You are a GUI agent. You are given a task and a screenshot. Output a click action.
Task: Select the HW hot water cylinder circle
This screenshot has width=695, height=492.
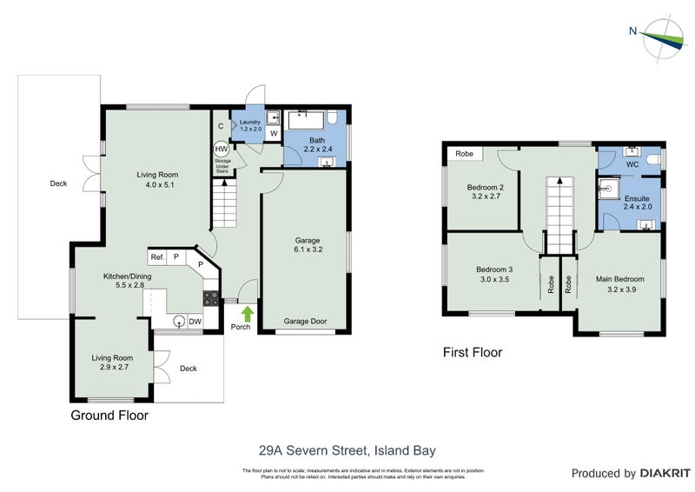(x=222, y=149)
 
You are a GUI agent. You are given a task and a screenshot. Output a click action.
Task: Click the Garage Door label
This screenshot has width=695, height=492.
(x=306, y=321)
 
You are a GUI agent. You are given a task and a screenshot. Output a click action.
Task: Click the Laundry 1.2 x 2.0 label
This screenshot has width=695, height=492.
(x=250, y=125)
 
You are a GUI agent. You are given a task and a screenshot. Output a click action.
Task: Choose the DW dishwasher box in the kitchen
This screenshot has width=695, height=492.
(x=195, y=321)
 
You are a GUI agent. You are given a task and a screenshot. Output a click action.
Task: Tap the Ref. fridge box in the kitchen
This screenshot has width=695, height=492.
(x=157, y=257)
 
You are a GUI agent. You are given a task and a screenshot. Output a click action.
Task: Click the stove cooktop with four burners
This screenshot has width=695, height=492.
(x=211, y=298)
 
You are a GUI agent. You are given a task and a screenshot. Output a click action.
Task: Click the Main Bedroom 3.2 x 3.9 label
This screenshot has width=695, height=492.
(x=619, y=284)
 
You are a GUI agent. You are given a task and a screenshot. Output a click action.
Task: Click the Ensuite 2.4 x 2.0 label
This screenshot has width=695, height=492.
(x=638, y=203)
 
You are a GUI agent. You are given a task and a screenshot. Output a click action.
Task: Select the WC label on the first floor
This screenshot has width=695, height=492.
(x=632, y=163)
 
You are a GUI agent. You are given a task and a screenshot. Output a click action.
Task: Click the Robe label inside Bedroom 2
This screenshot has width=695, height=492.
(x=464, y=153)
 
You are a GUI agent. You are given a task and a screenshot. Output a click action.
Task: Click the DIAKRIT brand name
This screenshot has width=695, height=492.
(x=662, y=474)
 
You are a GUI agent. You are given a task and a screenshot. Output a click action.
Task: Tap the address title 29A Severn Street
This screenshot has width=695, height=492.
(x=347, y=450)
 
